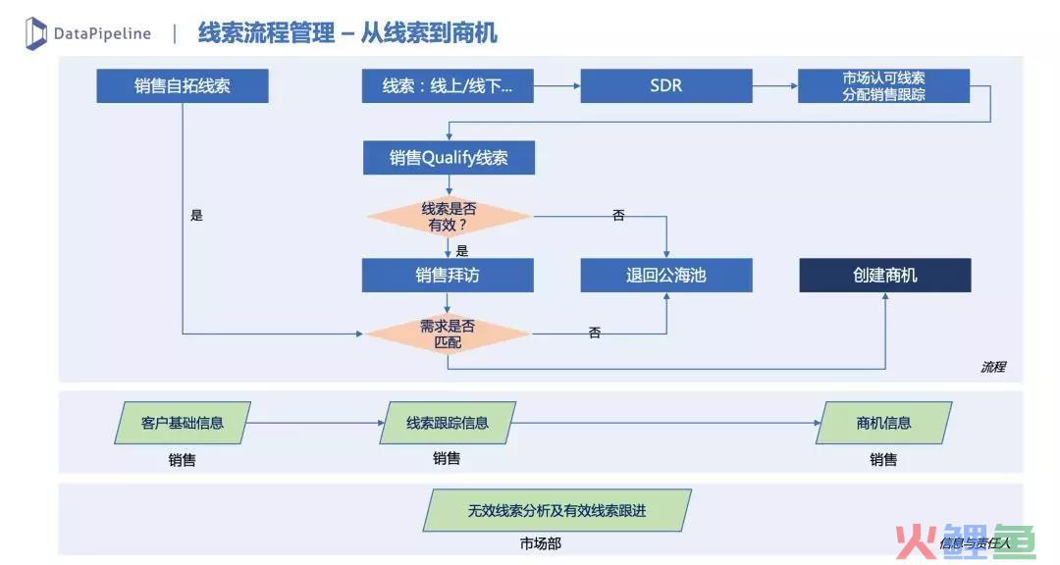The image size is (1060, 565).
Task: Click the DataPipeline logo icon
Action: (36, 33)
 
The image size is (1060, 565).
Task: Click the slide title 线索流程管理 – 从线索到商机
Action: (347, 32)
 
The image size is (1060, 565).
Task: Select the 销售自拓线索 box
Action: (183, 86)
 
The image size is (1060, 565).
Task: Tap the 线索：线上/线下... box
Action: (448, 86)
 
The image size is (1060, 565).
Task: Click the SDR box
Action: (665, 86)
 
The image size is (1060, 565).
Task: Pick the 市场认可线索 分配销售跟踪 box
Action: (883, 86)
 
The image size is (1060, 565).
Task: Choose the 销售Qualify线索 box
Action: (449, 158)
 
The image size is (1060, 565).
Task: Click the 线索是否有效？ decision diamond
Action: (449, 216)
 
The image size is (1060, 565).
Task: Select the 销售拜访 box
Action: (448, 275)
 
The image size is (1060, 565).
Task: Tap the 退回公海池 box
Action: (665, 275)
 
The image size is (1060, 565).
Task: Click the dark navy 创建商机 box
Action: (885, 275)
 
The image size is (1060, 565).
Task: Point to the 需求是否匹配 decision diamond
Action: (448, 334)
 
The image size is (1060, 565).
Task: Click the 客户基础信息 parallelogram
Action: (183, 423)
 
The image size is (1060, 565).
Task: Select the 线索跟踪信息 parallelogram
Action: (448, 423)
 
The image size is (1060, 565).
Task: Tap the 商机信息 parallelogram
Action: (883, 423)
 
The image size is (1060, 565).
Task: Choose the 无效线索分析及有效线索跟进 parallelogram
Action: (557, 510)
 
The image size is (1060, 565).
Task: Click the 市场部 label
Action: (541, 543)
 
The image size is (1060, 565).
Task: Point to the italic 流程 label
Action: (993, 367)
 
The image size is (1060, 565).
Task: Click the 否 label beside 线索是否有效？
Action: (618, 215)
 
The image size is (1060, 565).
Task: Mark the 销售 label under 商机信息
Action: (883, 460)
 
